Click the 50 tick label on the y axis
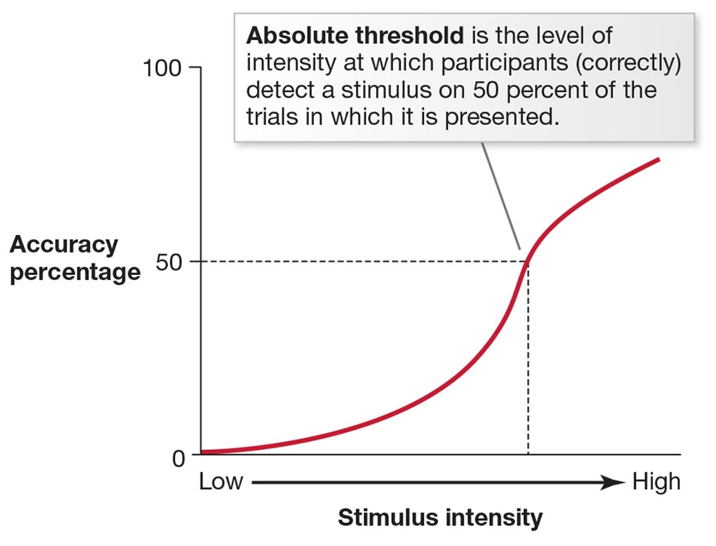click(170, 261)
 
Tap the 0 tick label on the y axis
click(178, 458)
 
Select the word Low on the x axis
click(221, 482)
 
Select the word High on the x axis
click(656, 482)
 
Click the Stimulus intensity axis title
click(440, 518)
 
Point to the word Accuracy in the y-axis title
click(64, 245)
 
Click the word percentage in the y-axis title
click(75, 272)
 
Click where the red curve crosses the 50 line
click(528, 261)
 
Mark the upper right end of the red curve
click(658, 158)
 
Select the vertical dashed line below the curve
click(528, 361)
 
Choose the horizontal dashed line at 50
click(361, 261)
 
